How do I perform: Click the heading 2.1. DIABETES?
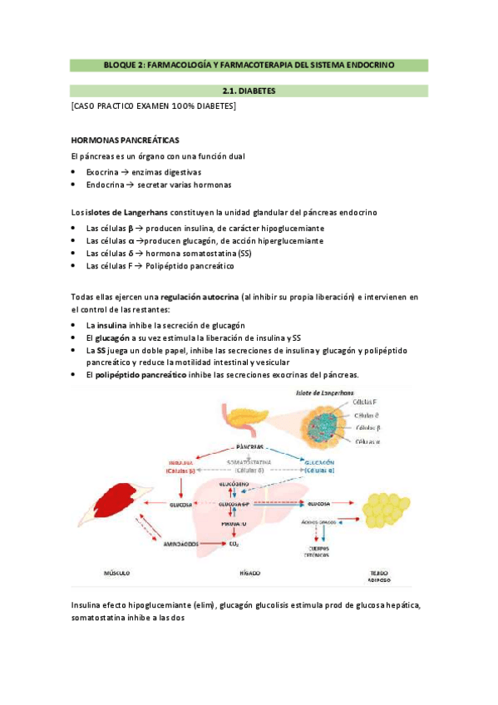coord(249,91)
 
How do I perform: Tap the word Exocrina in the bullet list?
coord(103,171)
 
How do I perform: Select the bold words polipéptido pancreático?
coord(141,375)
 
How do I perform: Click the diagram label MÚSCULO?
coord(116,573)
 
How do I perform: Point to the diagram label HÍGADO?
coord(250,573)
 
